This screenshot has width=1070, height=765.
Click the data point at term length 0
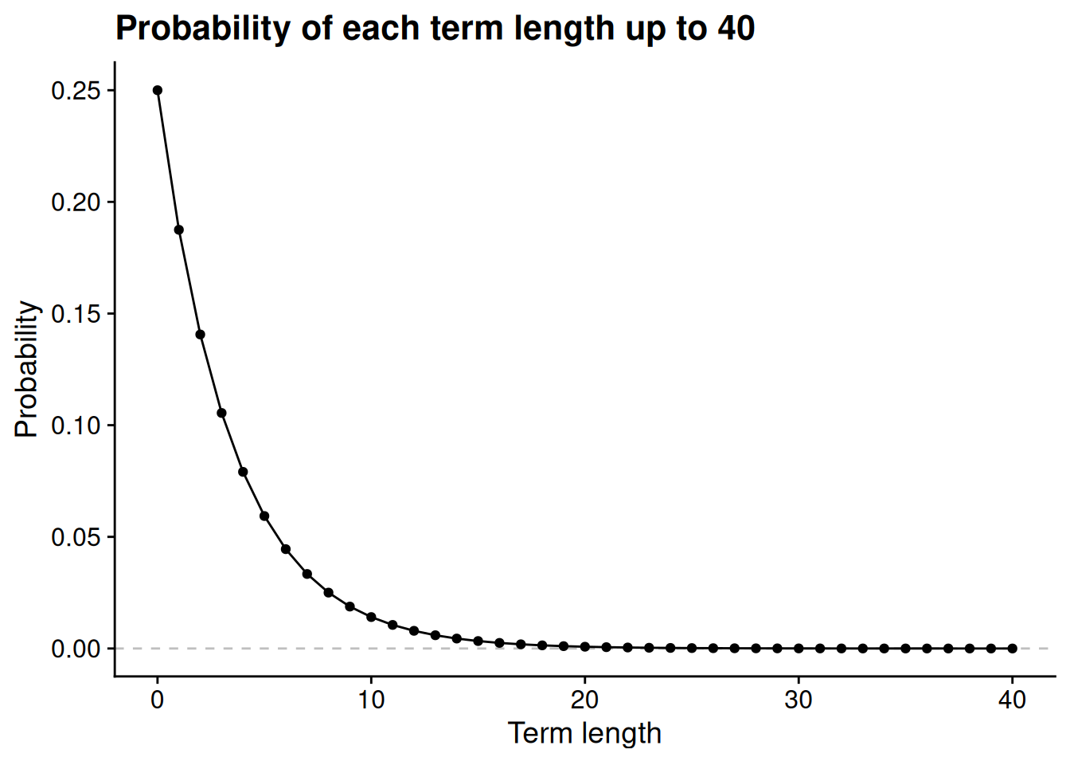[x=157, y=90]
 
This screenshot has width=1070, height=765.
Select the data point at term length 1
[x=178, y=230]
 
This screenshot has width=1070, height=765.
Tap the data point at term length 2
[x=200, y=334]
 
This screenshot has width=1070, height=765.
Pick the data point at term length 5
[x=264, y=516]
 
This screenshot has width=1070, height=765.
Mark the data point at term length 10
[x=371, y=617]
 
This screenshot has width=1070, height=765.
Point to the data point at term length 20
[x=584, y=647]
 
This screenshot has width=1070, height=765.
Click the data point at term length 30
[x=799, y=649]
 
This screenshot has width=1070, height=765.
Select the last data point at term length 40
[x=1012, y=649]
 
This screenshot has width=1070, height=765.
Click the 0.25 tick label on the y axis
[x=76, y=91]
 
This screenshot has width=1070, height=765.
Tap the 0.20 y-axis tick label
[x=76, y=202]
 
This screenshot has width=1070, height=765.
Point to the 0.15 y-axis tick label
[x=76, y=314]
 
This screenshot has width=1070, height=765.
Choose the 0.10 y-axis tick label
[x=76, y=426]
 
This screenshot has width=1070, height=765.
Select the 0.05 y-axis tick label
[x=76, y=537]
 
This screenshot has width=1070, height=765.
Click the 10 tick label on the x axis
[x=371, y=700]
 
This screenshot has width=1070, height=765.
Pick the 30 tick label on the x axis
[x=799, y=700]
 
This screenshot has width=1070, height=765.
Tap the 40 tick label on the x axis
[x=1012, y=700]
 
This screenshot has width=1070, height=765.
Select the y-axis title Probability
[x=26, y=369]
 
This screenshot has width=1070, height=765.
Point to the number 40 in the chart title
[x=736, y=29]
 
